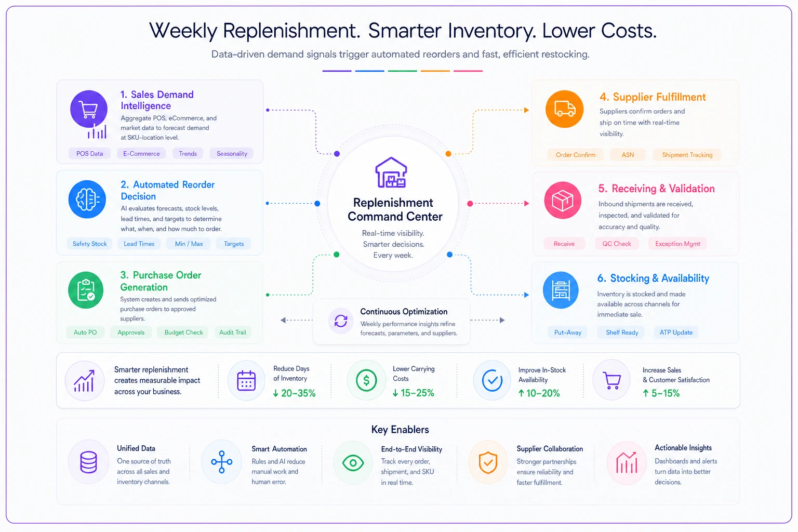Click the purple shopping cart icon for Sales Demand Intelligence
(89, 109)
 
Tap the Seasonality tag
(232, 154)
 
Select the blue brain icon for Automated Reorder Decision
(87, 199)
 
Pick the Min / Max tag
(189, 244)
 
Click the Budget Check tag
(183, 332)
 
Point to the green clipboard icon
(86, 290)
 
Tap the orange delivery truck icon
(564, 109)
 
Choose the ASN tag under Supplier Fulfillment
(628, 155)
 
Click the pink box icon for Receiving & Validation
(563, 200)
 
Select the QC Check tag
(616, 244)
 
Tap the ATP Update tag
(676, 332)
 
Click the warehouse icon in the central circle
(391, 172)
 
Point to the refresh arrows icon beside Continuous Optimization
(341, 321)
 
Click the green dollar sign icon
(367, 380)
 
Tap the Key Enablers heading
(400, 430)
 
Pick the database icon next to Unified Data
(88, 462)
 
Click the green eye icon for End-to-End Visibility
(353, 463)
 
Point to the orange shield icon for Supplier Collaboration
(488, 462)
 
